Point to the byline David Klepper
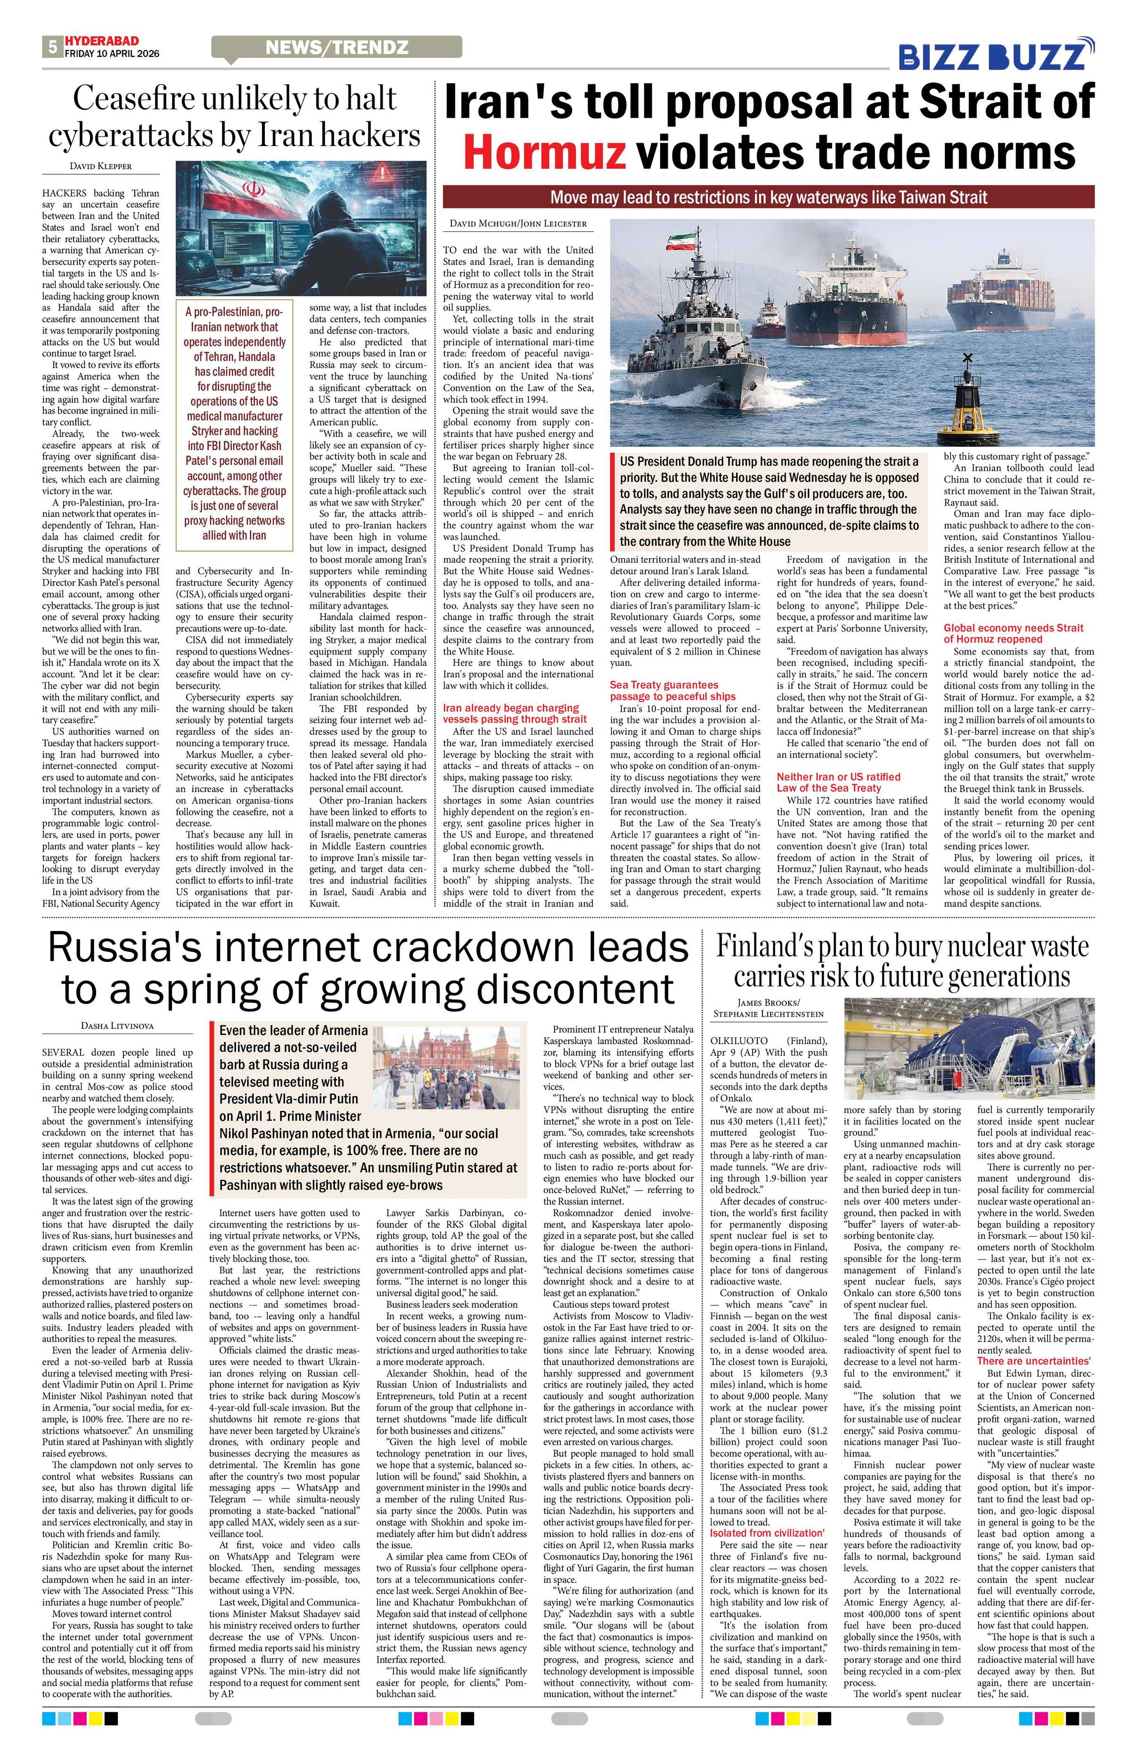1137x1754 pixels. coord(101,167)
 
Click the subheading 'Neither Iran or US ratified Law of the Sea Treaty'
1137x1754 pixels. coord(839,782)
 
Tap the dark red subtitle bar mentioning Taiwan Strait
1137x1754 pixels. coord(768,197)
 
